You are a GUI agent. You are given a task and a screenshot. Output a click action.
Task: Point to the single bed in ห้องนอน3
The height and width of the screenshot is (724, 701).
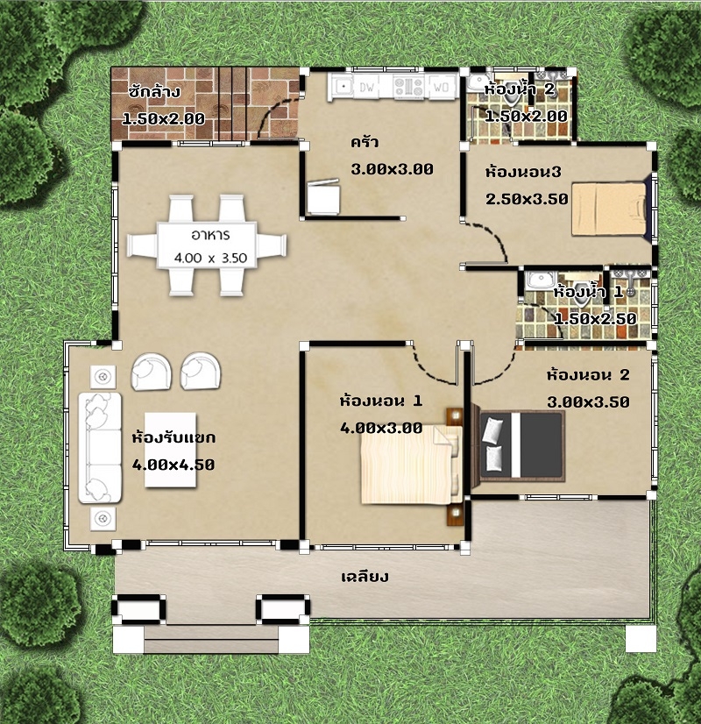[610, 209]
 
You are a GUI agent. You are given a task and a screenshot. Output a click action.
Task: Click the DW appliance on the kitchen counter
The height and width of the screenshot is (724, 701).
[367, 87]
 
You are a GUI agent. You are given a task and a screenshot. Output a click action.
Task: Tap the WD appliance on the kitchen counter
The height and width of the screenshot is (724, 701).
[442, 87]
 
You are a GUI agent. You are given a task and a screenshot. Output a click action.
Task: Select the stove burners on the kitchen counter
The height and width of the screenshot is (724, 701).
[408, 87]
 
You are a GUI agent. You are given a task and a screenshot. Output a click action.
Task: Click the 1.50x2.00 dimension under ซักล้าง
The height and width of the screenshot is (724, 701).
[164, 118]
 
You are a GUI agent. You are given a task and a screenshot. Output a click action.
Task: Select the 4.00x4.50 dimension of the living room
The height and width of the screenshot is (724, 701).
[173, 465]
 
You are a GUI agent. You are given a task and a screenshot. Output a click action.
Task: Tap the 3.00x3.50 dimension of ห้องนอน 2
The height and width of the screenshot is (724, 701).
[588, 402]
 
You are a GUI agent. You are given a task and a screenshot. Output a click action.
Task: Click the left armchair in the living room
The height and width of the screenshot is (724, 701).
[152, 372]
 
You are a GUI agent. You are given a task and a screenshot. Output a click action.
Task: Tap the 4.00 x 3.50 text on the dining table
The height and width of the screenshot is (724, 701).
[210, 258]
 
